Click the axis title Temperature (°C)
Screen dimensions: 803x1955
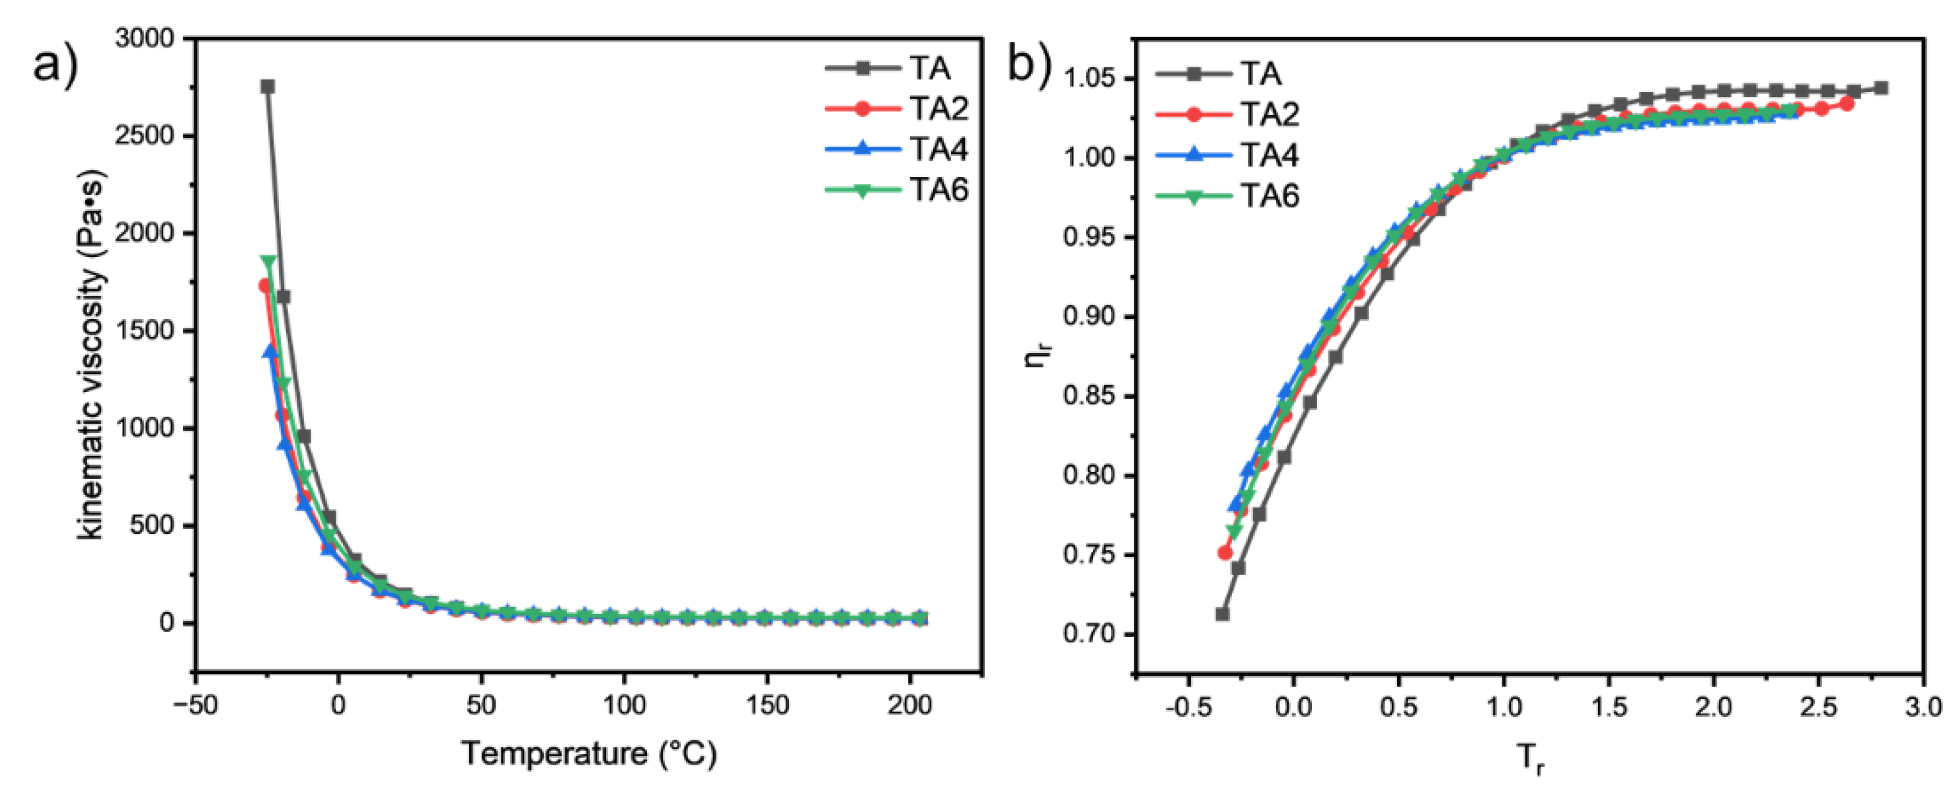[x=589, y=753]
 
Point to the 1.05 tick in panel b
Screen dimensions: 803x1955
[x=1094, y=79]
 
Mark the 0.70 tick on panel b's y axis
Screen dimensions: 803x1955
[x=1094, y=634]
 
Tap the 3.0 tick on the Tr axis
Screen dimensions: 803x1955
[x=1923, y=707]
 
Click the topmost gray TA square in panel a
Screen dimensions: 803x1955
[x=267, y=87]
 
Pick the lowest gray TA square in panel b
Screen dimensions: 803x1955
[x=1222, y=613]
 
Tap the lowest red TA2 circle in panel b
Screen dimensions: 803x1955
[x=1225, y=553]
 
